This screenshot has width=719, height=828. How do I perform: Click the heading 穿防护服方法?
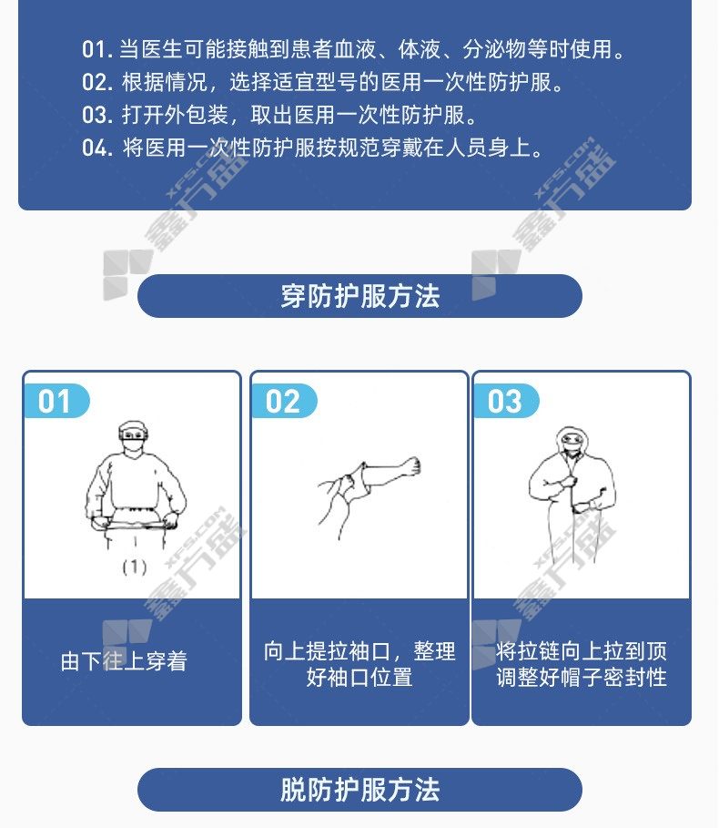(x=359, y=296)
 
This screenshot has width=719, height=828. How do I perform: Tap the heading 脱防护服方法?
(x=359, y=790)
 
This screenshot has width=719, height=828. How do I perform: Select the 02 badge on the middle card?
(x=283, y=402)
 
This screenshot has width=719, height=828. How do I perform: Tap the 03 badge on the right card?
(x=505, y=402)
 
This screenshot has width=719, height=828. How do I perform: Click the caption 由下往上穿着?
(x=124, y=661)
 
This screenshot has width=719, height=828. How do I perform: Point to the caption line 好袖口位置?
(x=359, y=677)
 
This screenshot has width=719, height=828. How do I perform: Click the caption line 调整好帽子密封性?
(x=582, y=677)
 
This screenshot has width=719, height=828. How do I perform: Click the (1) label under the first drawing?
(x=135, y=567)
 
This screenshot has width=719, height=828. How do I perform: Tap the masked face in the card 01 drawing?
(x=133, y=436)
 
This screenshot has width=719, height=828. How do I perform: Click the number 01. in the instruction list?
(x=97, y=49)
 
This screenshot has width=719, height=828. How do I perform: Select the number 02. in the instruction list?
(x=97, y=82)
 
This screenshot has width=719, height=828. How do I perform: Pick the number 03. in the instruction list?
(x=97, y=115)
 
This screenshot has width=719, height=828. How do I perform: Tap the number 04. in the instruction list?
(x=97, y=148)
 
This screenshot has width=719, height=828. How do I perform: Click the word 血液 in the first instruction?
(x=355, y=49)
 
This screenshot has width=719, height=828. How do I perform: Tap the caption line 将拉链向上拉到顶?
(x=582, y=651)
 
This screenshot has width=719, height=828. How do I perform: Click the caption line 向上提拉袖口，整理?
(x=359, y=651)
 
